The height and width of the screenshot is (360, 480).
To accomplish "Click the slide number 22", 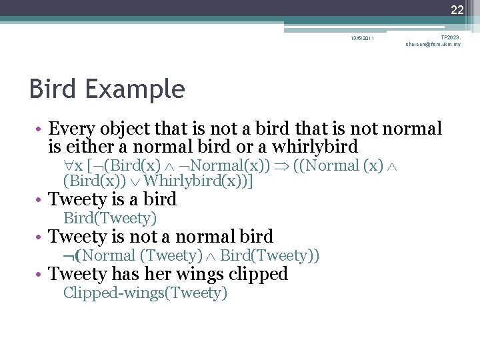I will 457,9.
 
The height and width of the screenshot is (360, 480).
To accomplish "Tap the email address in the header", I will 433,44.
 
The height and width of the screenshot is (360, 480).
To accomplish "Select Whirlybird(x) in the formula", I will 198,181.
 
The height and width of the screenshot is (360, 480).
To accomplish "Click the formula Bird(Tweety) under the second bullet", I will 110,218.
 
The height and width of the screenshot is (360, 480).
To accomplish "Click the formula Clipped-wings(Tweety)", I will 145,293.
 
